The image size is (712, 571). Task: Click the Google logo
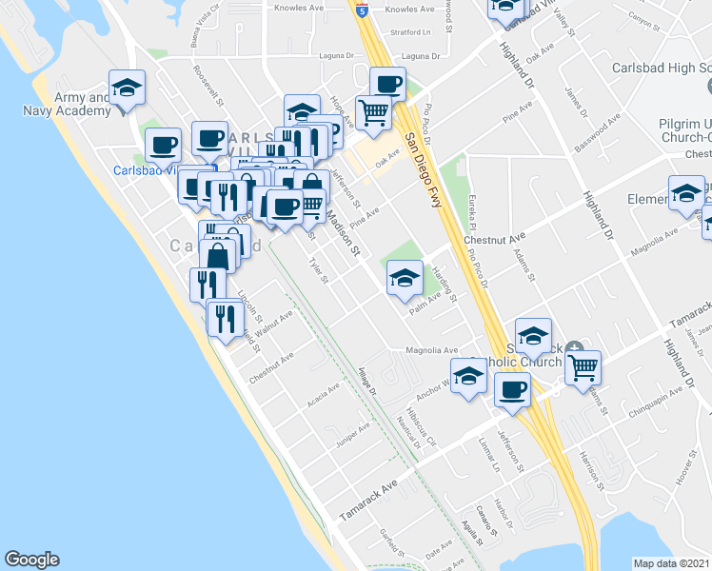(x=31, y=560)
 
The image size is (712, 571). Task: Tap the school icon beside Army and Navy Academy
(x=127, y=89)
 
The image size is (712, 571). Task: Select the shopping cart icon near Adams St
(x=582, y=366)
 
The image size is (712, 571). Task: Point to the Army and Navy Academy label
(x=67, y=104)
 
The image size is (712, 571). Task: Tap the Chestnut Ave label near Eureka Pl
(x=495, y=240)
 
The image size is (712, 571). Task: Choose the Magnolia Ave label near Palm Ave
(x=432, y=350)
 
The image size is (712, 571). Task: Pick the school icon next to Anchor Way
(x=467, y=379)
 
